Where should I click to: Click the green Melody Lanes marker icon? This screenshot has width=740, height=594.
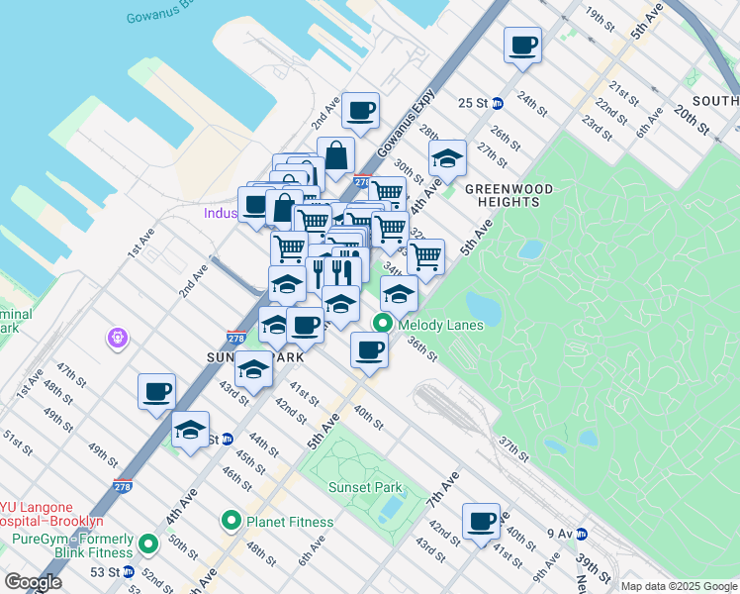pos(382,324)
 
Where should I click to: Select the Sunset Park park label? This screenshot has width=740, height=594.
pos(365,487)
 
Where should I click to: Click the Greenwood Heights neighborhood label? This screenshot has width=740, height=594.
pos(503,195)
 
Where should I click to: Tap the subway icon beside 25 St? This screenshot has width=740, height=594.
pos(498,103)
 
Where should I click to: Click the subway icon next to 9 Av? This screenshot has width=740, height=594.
pos(582,534)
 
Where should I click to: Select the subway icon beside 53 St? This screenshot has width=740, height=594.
pos(128,572)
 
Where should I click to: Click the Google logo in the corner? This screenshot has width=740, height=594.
pos(33,582)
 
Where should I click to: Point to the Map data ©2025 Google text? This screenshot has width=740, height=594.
pos(678,586)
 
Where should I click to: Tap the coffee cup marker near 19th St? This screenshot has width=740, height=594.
pos(522,45)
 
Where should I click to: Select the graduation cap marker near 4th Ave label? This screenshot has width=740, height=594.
pos(447,158)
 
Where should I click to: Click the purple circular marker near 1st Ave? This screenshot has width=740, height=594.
pos(118,339)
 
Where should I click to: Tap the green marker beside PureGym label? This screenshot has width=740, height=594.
pos(148,544)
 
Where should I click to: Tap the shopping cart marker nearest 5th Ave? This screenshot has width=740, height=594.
pos(425,256)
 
